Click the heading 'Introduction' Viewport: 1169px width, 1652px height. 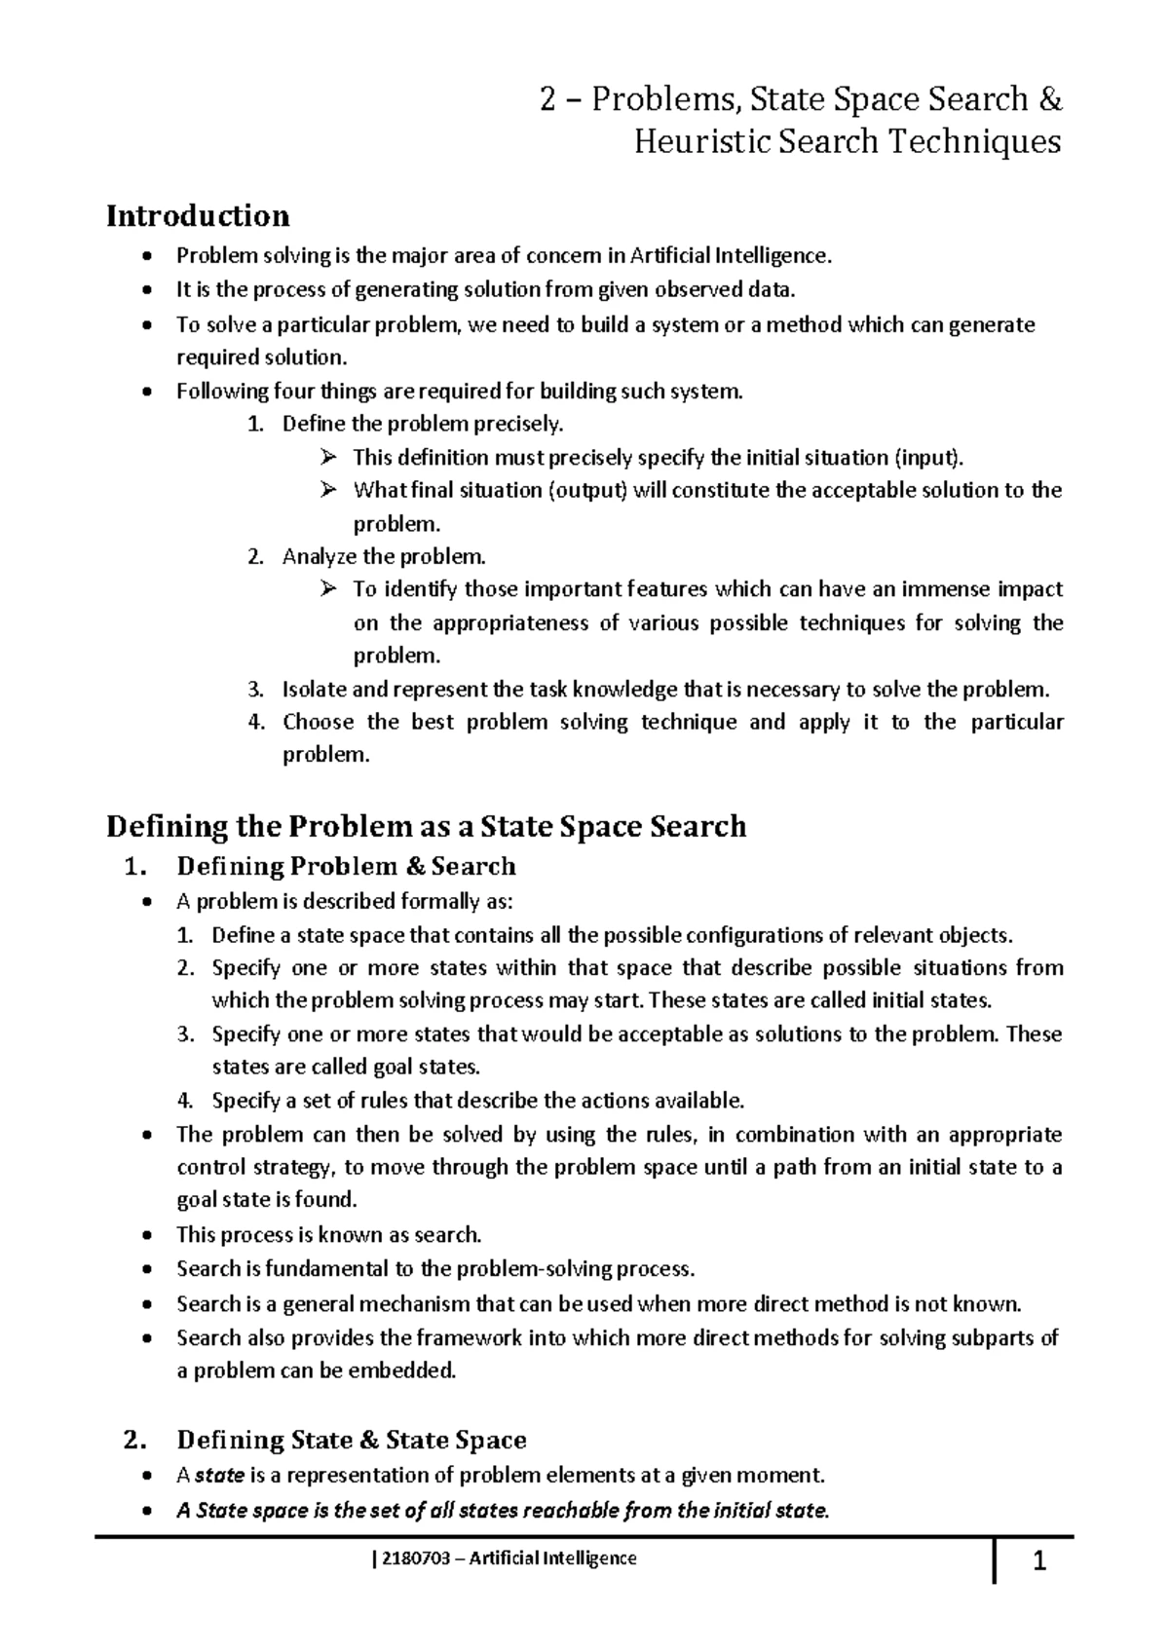pos(198,215)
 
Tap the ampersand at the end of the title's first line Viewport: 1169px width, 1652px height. pos(1050,99)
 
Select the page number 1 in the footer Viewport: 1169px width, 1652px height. pos(1038,1564)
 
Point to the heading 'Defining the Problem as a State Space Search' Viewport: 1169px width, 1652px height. pos(426,827)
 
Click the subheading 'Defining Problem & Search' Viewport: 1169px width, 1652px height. pos(346,866)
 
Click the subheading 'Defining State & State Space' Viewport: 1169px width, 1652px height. pos(352,1440)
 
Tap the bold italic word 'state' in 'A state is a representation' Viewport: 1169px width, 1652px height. pos(219,1475)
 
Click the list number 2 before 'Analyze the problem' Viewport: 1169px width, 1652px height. pos(255,557)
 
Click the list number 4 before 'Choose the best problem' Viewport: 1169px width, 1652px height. pos(255,723)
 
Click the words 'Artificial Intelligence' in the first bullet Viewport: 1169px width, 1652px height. pos(732,256)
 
